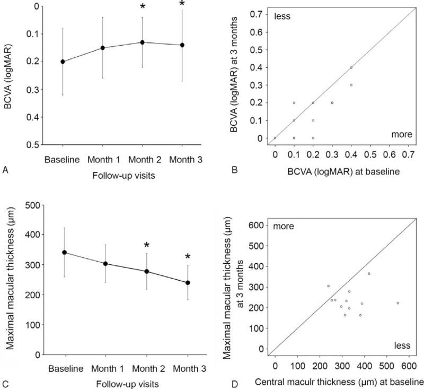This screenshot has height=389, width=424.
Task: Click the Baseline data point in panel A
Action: (63, 62)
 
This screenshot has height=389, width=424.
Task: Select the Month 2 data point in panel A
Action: (142, 42)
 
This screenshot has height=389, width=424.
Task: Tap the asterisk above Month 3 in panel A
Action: (182, 5)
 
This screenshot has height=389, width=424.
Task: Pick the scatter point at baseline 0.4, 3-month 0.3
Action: (351, 85)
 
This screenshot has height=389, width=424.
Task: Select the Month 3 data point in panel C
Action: (182, 282)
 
